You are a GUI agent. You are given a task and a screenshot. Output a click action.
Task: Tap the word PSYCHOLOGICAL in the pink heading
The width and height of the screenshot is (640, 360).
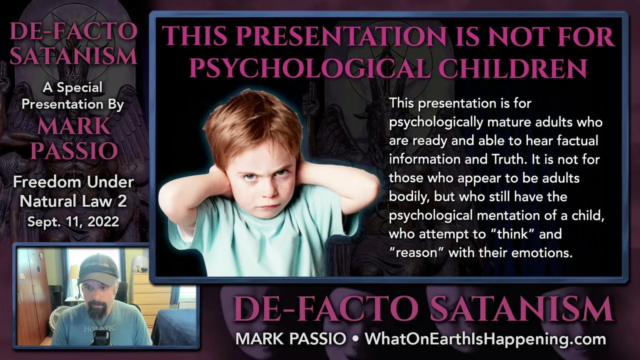coord(309,68)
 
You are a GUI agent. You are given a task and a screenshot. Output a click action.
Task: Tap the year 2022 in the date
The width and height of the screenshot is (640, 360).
coord(103,221)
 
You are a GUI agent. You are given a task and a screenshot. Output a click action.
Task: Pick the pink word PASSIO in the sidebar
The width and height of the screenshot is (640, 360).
coord(74,150)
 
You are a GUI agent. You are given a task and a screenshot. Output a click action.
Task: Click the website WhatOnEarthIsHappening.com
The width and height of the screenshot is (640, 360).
coord(485,339)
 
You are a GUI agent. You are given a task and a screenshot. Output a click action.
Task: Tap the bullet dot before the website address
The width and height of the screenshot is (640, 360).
coord(355,339)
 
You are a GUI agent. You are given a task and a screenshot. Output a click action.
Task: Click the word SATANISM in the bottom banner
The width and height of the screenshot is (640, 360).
coord(521,309)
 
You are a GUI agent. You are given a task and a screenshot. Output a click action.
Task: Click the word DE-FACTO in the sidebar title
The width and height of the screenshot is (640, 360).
coord(73,31)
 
